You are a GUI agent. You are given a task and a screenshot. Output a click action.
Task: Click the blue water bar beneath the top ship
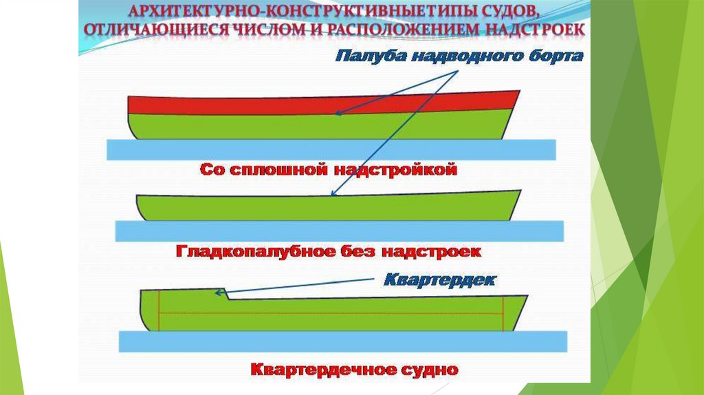point(331,149)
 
